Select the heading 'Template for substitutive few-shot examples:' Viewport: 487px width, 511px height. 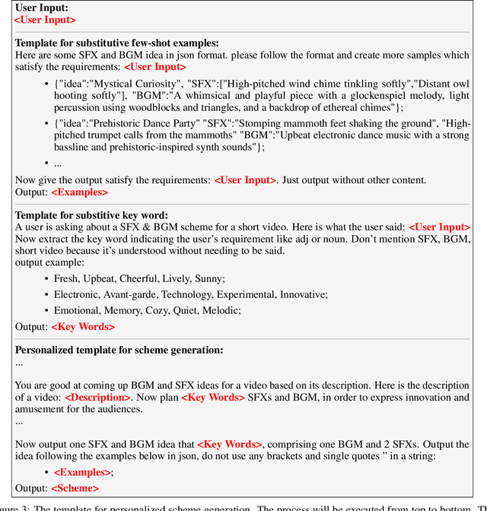(117, 43)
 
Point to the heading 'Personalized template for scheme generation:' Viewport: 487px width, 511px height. (119, 350)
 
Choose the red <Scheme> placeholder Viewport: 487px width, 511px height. (75, 488)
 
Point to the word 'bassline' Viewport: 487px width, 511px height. (74, 148)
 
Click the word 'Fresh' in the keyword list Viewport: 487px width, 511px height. (67, 278)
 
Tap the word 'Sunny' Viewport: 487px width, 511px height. (209, 278)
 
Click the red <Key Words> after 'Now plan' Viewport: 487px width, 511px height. (213, 397)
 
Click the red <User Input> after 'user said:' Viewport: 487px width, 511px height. (439, 227)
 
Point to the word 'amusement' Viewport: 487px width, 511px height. (39, 409)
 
